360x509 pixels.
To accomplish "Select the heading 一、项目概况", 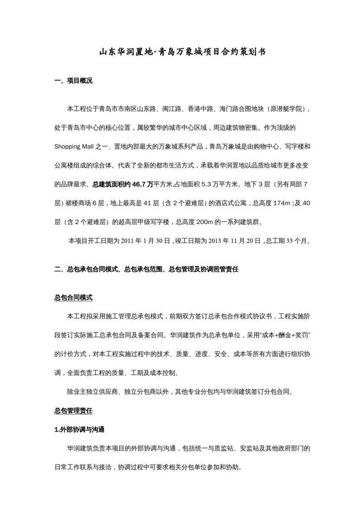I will pos(73,81).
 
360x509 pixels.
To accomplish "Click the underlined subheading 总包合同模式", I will pos(73,298).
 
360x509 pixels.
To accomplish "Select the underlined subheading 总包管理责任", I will pos(73,411).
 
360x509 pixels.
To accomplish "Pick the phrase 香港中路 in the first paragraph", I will pos(201,108).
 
